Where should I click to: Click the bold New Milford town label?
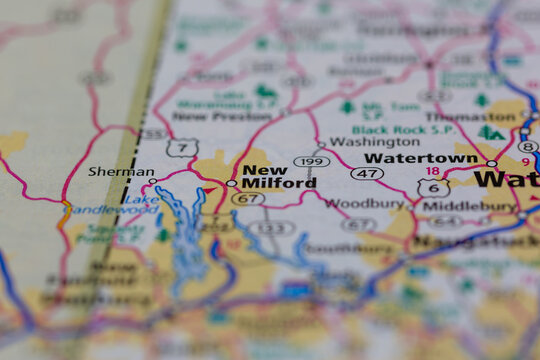click(x=279, y=176)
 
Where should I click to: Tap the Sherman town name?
click(x=121, y=171)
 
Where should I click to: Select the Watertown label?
click(x=421, y=158)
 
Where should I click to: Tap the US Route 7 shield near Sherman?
click(x=181, y=148)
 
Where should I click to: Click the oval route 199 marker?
click(x=312, y=161)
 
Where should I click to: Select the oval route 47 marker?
click(x=367, y=173)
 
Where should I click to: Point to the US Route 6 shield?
click(x=433, y=187)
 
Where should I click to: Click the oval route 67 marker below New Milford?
click(x=247, y=198)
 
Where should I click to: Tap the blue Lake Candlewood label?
click(x=113, y=209)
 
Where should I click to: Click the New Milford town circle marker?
click(x=232, y=183)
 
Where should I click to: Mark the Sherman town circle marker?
click(x=153, y=181)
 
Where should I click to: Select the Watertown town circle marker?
click(x=491, y=163)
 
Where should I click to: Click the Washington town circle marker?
click(x=320, y=145)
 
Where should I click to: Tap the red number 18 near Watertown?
click(x=432, y=172)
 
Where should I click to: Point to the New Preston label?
click(x=207, y=115)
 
